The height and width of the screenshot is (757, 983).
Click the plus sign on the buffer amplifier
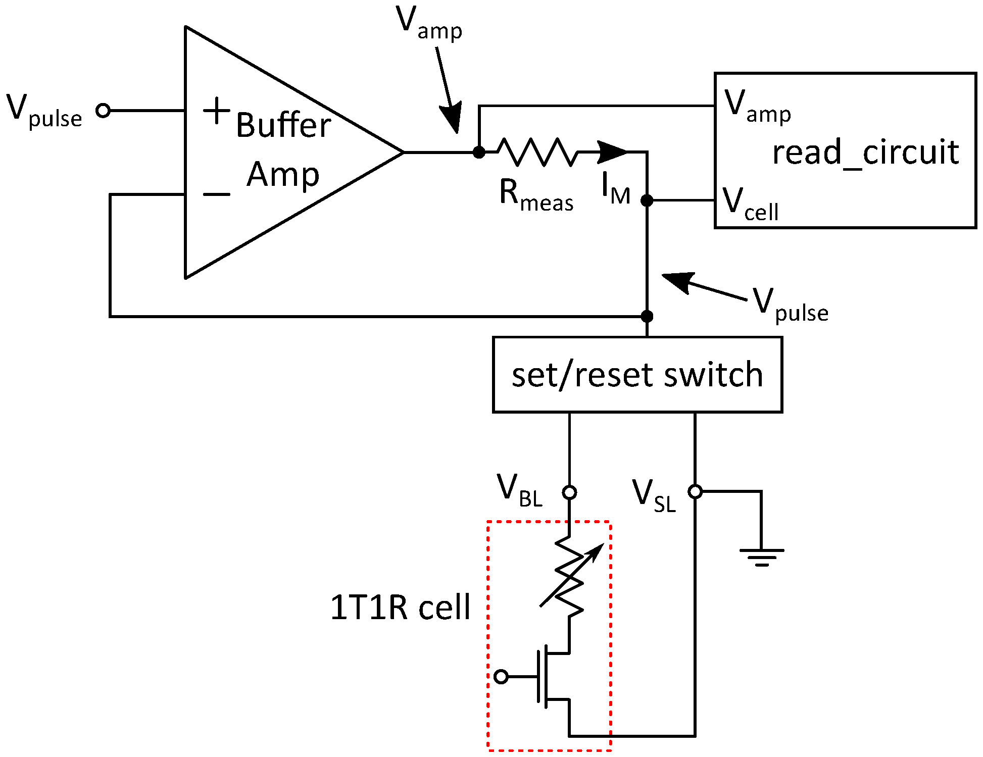[x=216, y=111]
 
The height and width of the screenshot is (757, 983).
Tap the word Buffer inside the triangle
[x=283, y=125]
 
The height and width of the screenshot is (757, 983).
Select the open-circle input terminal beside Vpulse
[x=103, y=110]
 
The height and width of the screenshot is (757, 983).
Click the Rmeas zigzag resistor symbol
[x=537, y=152]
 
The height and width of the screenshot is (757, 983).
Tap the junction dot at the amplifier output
[x=478, y=152]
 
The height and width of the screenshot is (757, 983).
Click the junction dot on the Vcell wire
[x=647, y=200]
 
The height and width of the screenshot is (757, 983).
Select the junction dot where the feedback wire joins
[x=647, y=317]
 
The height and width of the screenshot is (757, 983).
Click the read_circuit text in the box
[x=865, y=152]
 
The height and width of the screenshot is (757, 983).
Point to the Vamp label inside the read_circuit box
[x=757, y=106]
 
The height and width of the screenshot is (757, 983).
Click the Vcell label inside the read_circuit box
[x=750, y=205]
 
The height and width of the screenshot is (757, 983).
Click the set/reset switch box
[x=637, y=375]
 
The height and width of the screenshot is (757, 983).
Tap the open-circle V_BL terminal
[x=569, y=492]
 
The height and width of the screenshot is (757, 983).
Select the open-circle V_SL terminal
[x=695, y=491]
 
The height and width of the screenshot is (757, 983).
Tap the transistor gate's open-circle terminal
[x=501, y=677]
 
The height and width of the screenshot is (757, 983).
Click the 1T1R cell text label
[x=400, y=607]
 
